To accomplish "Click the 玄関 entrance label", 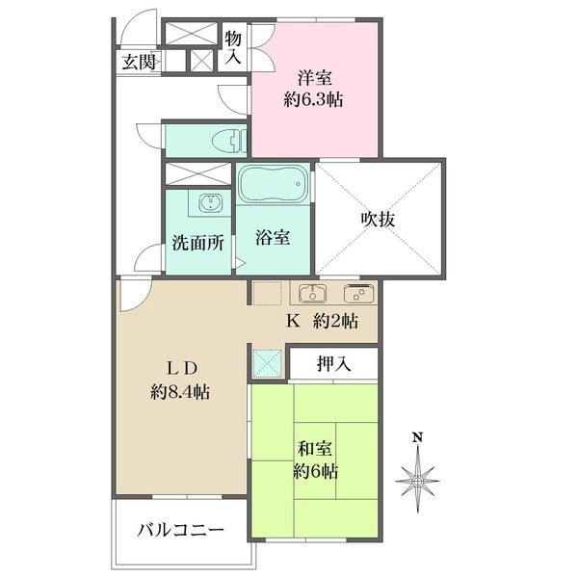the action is coord(139,63).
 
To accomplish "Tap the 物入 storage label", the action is coord(233,47).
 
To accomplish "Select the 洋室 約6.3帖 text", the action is coord(314,89).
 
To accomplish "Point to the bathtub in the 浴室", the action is coord(274,183).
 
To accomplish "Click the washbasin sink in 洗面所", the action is coord(210,202).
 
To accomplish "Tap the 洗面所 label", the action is coord(197,243).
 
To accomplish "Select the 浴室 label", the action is coord(273,238).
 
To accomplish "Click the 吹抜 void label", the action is coord(378,220).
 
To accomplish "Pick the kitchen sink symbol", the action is coord(313,292).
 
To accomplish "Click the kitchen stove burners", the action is coord(358,293).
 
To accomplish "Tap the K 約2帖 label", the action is coord(322,322).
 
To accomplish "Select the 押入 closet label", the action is coord(334,364).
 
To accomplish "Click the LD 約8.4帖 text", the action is coord(180,381).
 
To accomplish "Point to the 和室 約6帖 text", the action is coord(315,460).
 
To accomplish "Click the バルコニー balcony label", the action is coord(181,531).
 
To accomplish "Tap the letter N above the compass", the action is coord(417,437).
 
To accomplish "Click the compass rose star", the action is coord(417,481).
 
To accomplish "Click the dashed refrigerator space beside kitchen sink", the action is coord(267,293).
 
